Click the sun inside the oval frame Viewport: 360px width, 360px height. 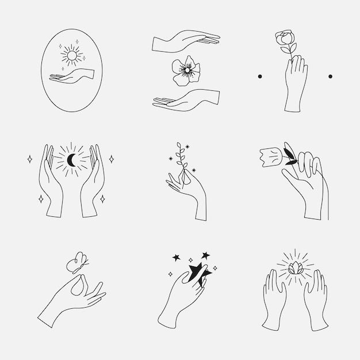pos(72,56)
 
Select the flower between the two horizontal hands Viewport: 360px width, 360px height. pos(186,71)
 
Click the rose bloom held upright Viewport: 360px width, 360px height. pos(285,41)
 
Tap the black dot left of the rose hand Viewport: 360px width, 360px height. pos(260,76)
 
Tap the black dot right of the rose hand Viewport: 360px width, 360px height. pos(330,76)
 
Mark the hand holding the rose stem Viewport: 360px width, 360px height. pos(295,83)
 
